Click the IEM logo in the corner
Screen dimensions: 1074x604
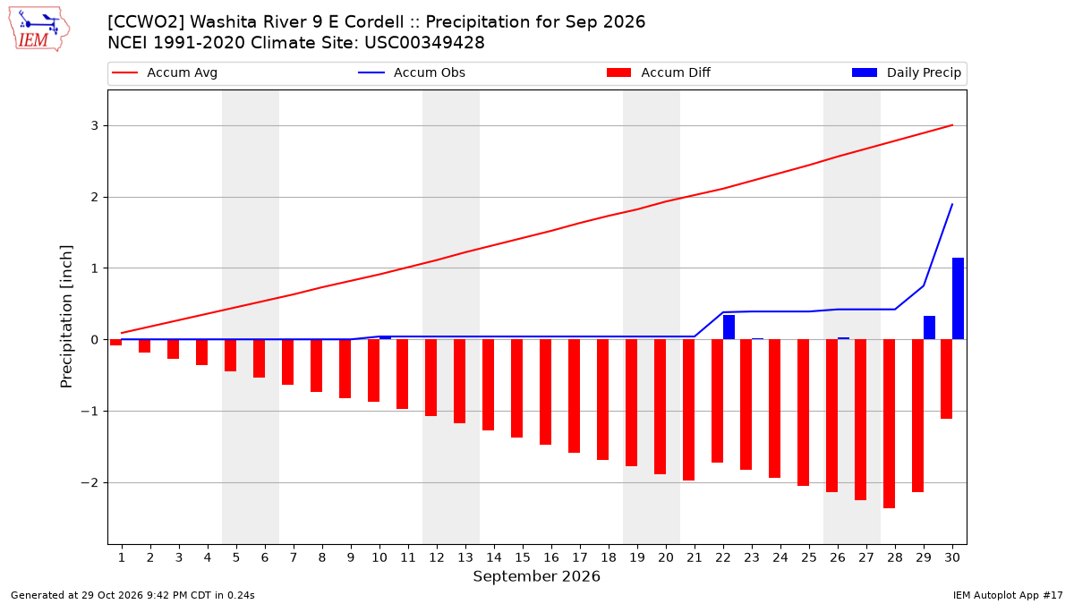pos(39,30)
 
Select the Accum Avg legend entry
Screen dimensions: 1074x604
pos(165,72)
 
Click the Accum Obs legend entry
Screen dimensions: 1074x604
pos(412,72)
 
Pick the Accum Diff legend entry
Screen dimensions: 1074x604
pos(659,72)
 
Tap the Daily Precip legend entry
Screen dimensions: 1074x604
pos(906,72)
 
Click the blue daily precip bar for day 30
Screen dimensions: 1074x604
pos(958,299)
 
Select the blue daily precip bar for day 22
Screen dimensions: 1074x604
pos(729,327)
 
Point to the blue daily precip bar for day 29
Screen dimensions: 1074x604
pos(929,328)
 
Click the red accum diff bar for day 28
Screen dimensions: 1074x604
pos(889,424)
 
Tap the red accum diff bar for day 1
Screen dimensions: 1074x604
pos(116,342)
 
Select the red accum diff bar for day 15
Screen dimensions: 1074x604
pos(517,388)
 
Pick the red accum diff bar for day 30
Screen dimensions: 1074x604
pos(947,379)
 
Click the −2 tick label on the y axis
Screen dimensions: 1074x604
pos(89,482)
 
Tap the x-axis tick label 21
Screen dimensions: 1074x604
pos(695,557)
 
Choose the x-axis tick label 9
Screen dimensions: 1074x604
pos(351,557)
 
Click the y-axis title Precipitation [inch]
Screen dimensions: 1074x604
pos(66,317)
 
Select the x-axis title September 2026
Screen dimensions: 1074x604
pos(536,576)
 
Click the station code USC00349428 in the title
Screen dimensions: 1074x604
pos(424,43)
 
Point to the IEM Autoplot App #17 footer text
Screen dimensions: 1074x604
pos(1008,595)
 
